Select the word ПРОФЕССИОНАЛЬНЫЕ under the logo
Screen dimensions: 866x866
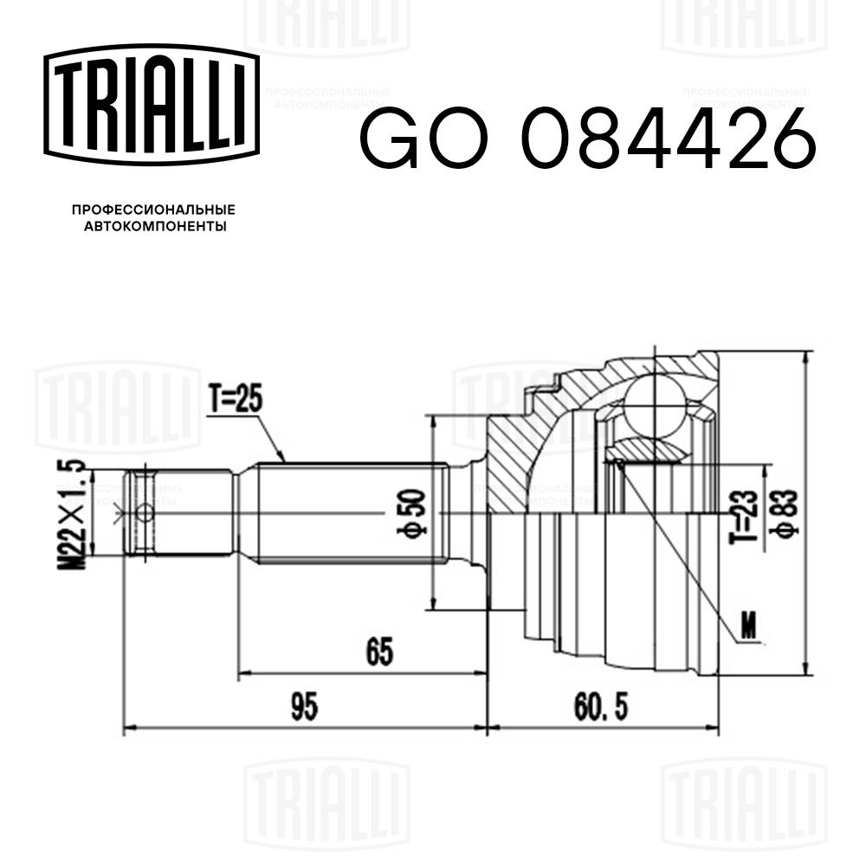pyautogui.click(x=153, y=210)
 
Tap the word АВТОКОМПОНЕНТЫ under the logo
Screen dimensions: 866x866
pyautogui.click(x=153, y=227)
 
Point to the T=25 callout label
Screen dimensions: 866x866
pyautogui.click(x=235, y=401)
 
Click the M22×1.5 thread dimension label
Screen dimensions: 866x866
pyautogui.click(x=75, y=514)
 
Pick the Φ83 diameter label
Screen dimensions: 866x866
pyautogui.click(x=786, y=514)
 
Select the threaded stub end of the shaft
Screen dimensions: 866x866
pyautogui.click(x=142, y=514)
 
